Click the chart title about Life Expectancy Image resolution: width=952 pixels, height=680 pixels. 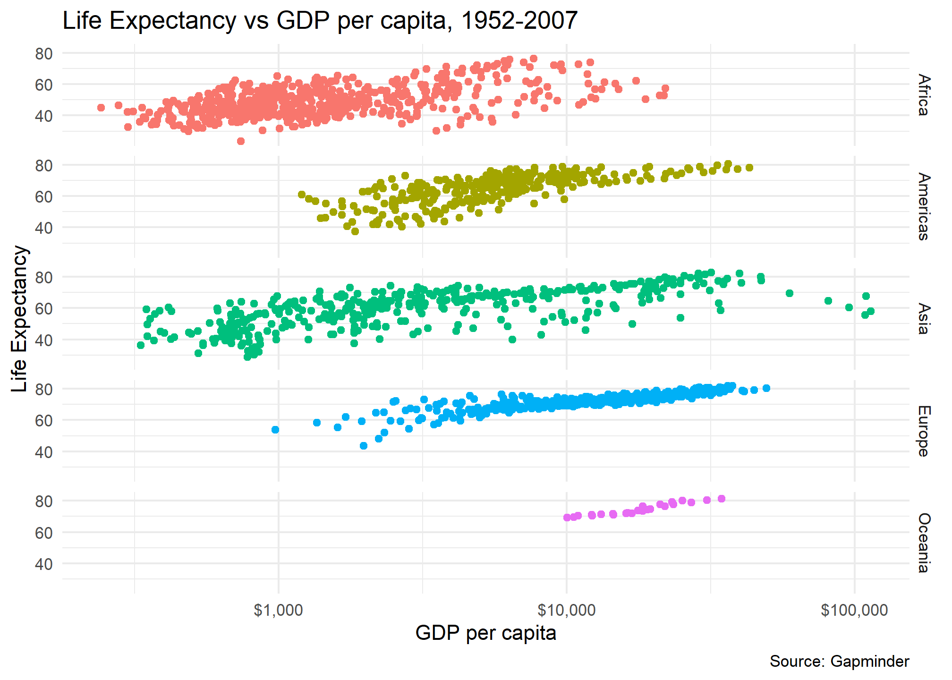[x=320, y=21]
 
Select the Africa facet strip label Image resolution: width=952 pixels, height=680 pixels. [x=924, y=95]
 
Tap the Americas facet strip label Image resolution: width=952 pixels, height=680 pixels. [x=924, y=207]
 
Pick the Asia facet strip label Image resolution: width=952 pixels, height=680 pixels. [x=924, y=319]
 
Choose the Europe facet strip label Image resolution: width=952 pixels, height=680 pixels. [x=924, y=431]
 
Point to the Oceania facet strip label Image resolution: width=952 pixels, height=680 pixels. [x=924, y=543]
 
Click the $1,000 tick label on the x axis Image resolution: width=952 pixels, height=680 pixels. [x=278, y=610]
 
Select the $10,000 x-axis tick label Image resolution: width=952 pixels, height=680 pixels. [x=566, y=610]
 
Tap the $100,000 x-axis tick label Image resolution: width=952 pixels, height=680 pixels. [x=854, y=610]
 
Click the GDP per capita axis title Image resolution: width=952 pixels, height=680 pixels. [x=485, y=633]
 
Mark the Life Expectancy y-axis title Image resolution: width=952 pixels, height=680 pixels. [x=20, y=319]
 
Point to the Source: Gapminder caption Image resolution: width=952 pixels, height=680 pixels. [x=839, y=662]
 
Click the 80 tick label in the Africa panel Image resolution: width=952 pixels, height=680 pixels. [x=43, y=54]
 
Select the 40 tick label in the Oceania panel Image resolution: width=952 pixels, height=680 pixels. [x=43, y=564]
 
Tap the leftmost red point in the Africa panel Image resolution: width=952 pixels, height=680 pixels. [x=101, y=108]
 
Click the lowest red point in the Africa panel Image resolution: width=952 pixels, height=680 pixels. [x=240, y=141]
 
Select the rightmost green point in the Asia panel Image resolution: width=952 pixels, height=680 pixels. [x=870, y=311]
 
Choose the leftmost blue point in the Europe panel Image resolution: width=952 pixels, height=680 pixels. [x=275, y=430]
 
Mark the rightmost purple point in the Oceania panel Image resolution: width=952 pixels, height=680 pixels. [x=721, y=499]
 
